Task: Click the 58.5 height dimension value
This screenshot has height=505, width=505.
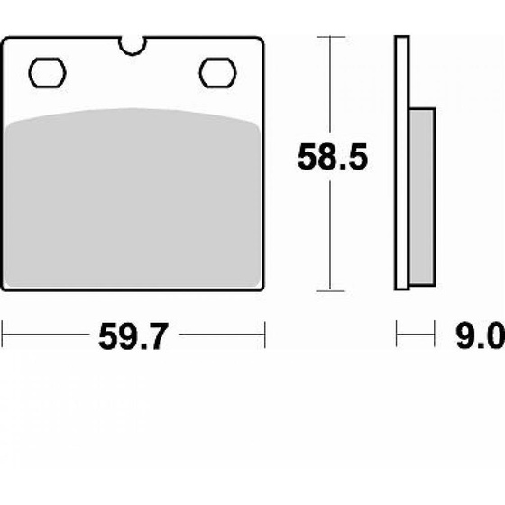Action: (x=333, y=160)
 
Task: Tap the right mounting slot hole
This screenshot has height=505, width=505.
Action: (x=216, y=71)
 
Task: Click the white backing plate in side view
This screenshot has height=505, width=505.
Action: (x=402, y=162)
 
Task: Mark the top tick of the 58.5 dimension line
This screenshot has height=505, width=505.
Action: (x=333, y=38)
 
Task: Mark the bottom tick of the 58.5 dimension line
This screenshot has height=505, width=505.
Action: (x=333, y=290)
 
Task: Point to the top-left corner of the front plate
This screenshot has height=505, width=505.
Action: (x=5, y=39)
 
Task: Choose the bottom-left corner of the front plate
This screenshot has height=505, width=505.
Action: (x=5, y=289)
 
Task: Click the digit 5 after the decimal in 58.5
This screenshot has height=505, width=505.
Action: (x=354, y=160)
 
